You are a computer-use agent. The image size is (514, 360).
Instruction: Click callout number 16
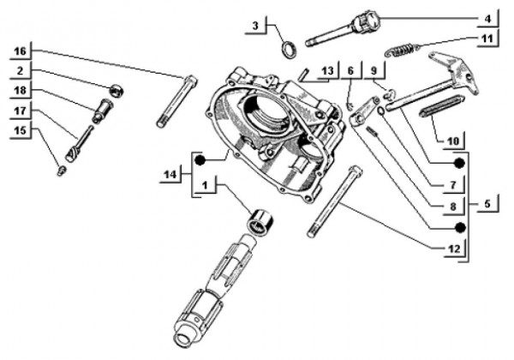pos(21,51)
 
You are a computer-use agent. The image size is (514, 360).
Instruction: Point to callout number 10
pos(453,139)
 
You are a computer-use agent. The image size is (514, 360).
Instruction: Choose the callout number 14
pos(170,176)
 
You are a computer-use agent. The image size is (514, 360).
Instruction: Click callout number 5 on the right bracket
pos(487,206)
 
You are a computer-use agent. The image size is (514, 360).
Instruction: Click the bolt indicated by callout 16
pos(176,101)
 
